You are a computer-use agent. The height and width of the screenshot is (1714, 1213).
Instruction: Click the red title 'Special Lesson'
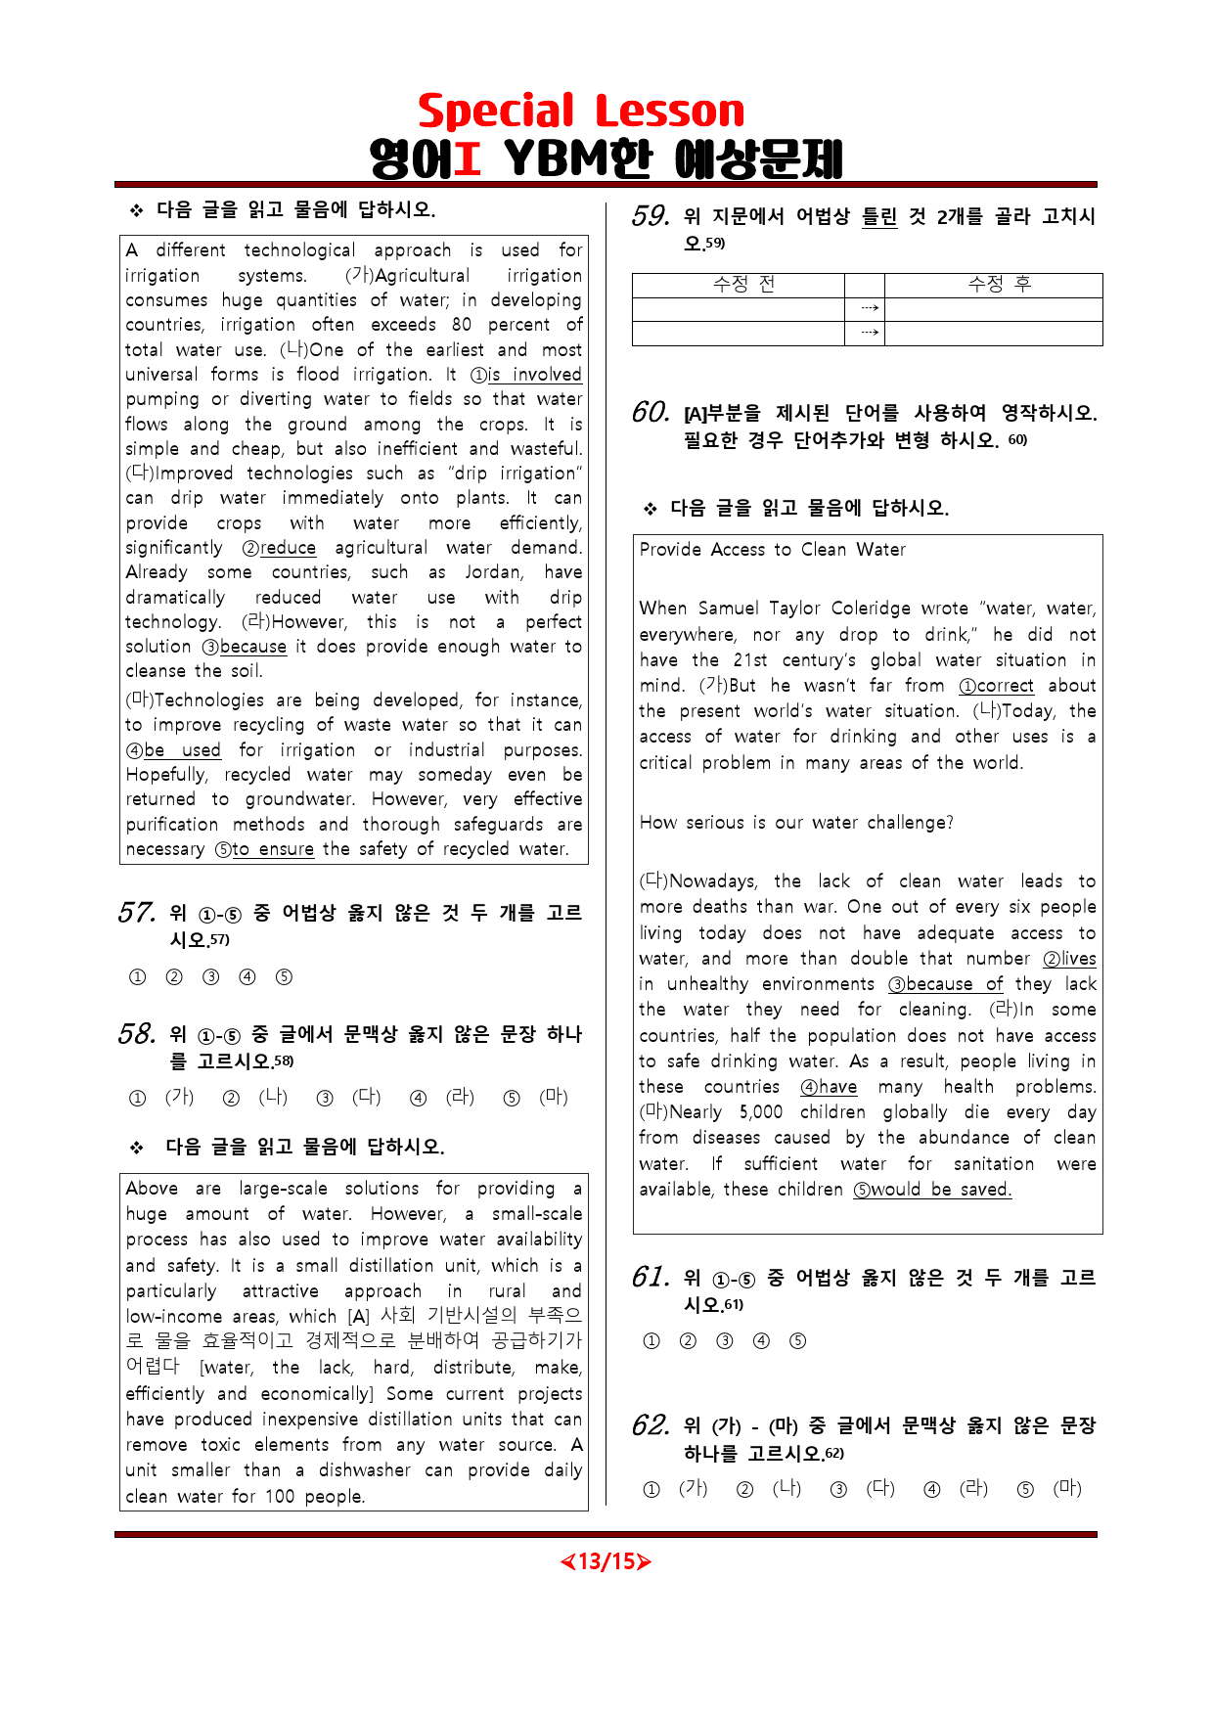pos(581,112)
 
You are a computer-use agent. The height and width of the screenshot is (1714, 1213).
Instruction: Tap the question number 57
pos(136,914)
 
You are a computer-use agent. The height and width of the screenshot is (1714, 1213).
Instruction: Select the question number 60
pos(651,413)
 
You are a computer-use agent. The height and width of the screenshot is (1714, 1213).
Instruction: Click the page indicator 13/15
pos(606,1561)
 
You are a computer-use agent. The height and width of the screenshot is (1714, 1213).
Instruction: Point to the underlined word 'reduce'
pos(288,548)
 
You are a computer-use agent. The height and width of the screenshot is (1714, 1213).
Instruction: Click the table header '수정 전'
pos(743,285)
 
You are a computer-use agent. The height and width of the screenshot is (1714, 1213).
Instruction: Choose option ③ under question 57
pos(210,977)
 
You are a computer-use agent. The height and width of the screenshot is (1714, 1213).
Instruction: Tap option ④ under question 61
pos(761,1341)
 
